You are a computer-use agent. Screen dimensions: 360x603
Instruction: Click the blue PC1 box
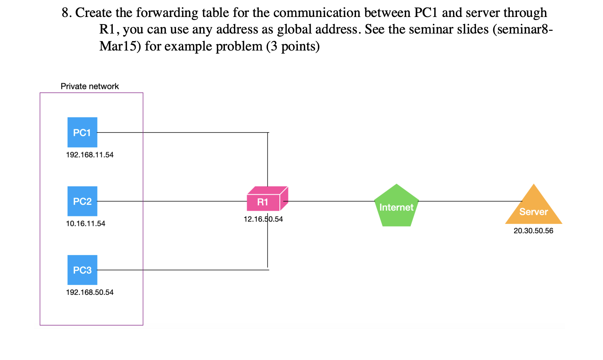pos(82,132)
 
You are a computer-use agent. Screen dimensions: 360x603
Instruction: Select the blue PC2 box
pos(82,201)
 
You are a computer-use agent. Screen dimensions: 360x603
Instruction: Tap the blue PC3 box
pos(82,270)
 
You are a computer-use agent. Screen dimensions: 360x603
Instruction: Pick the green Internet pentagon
pos(396,207)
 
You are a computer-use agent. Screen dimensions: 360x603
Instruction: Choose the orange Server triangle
pos(534,209)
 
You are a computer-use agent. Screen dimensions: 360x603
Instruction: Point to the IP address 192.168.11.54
pos(90,155)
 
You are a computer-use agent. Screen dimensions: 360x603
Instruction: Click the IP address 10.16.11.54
pos(86,224)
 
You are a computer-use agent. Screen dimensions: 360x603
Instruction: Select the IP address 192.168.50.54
pos(90,292)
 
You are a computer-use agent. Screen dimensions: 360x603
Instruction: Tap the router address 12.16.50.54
pos(263,219)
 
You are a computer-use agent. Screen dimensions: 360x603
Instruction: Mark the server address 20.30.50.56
pos(533,231)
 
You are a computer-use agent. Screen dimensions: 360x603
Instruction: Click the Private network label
pos(90,86)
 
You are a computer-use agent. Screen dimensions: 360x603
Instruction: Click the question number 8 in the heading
pos(66,13)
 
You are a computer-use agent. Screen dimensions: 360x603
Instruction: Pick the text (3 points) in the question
pos(292,47)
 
